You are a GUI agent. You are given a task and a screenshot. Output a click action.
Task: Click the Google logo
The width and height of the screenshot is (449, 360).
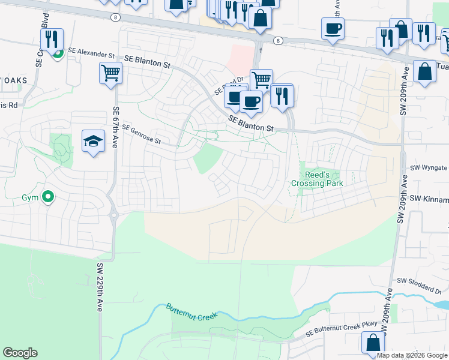(x=20, y=353)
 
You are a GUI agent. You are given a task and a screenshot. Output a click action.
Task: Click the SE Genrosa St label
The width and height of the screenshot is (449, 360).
(x=141, y=134)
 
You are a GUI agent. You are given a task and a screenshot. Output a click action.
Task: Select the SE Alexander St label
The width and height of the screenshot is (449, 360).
(x=91, y=53)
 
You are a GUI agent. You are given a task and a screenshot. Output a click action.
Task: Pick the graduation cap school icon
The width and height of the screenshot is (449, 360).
(x=92, y=142)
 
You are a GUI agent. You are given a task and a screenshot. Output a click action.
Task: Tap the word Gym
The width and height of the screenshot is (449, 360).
(x=30, y=197)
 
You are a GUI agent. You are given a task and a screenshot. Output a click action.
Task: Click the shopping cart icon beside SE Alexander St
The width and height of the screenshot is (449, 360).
(x=110, y=73)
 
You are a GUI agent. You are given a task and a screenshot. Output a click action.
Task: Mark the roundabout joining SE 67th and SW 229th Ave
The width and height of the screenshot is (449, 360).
(x=113, y=214)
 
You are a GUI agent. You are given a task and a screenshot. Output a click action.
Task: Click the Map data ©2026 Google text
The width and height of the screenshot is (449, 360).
(x=412, y=355)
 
